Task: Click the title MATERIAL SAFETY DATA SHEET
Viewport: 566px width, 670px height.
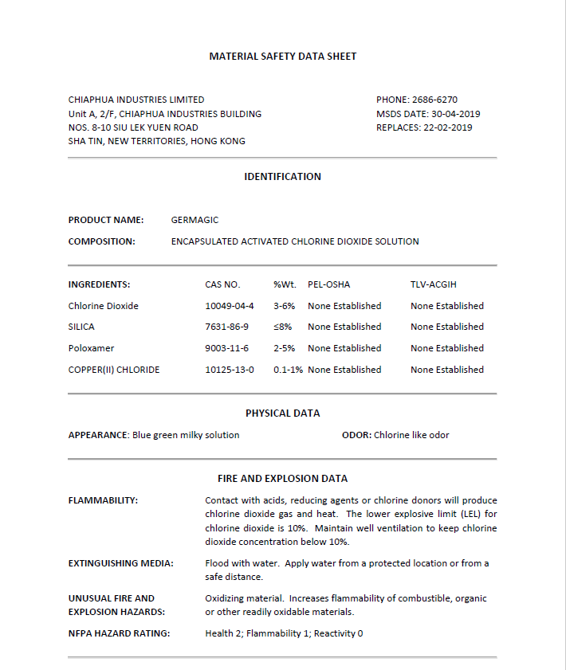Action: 282,57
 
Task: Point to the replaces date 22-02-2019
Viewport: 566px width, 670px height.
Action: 449,127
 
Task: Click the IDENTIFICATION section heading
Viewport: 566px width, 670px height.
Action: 282,177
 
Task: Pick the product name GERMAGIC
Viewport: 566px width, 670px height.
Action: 195,220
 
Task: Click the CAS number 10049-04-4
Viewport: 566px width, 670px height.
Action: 230,306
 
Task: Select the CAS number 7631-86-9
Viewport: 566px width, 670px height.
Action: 227,327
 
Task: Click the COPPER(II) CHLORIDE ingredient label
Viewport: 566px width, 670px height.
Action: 114,370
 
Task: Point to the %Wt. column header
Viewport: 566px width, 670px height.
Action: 285,284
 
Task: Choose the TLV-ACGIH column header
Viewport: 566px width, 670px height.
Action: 434,284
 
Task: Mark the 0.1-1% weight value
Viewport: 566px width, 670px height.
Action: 288,370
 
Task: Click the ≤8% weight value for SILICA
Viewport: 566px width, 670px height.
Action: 283,327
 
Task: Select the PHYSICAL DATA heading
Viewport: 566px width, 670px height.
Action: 282,413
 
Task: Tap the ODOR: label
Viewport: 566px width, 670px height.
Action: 356,435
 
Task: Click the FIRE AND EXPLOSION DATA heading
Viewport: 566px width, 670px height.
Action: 282,479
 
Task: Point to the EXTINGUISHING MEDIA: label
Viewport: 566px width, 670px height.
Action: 121,563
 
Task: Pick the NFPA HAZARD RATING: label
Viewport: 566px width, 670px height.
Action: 119,633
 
